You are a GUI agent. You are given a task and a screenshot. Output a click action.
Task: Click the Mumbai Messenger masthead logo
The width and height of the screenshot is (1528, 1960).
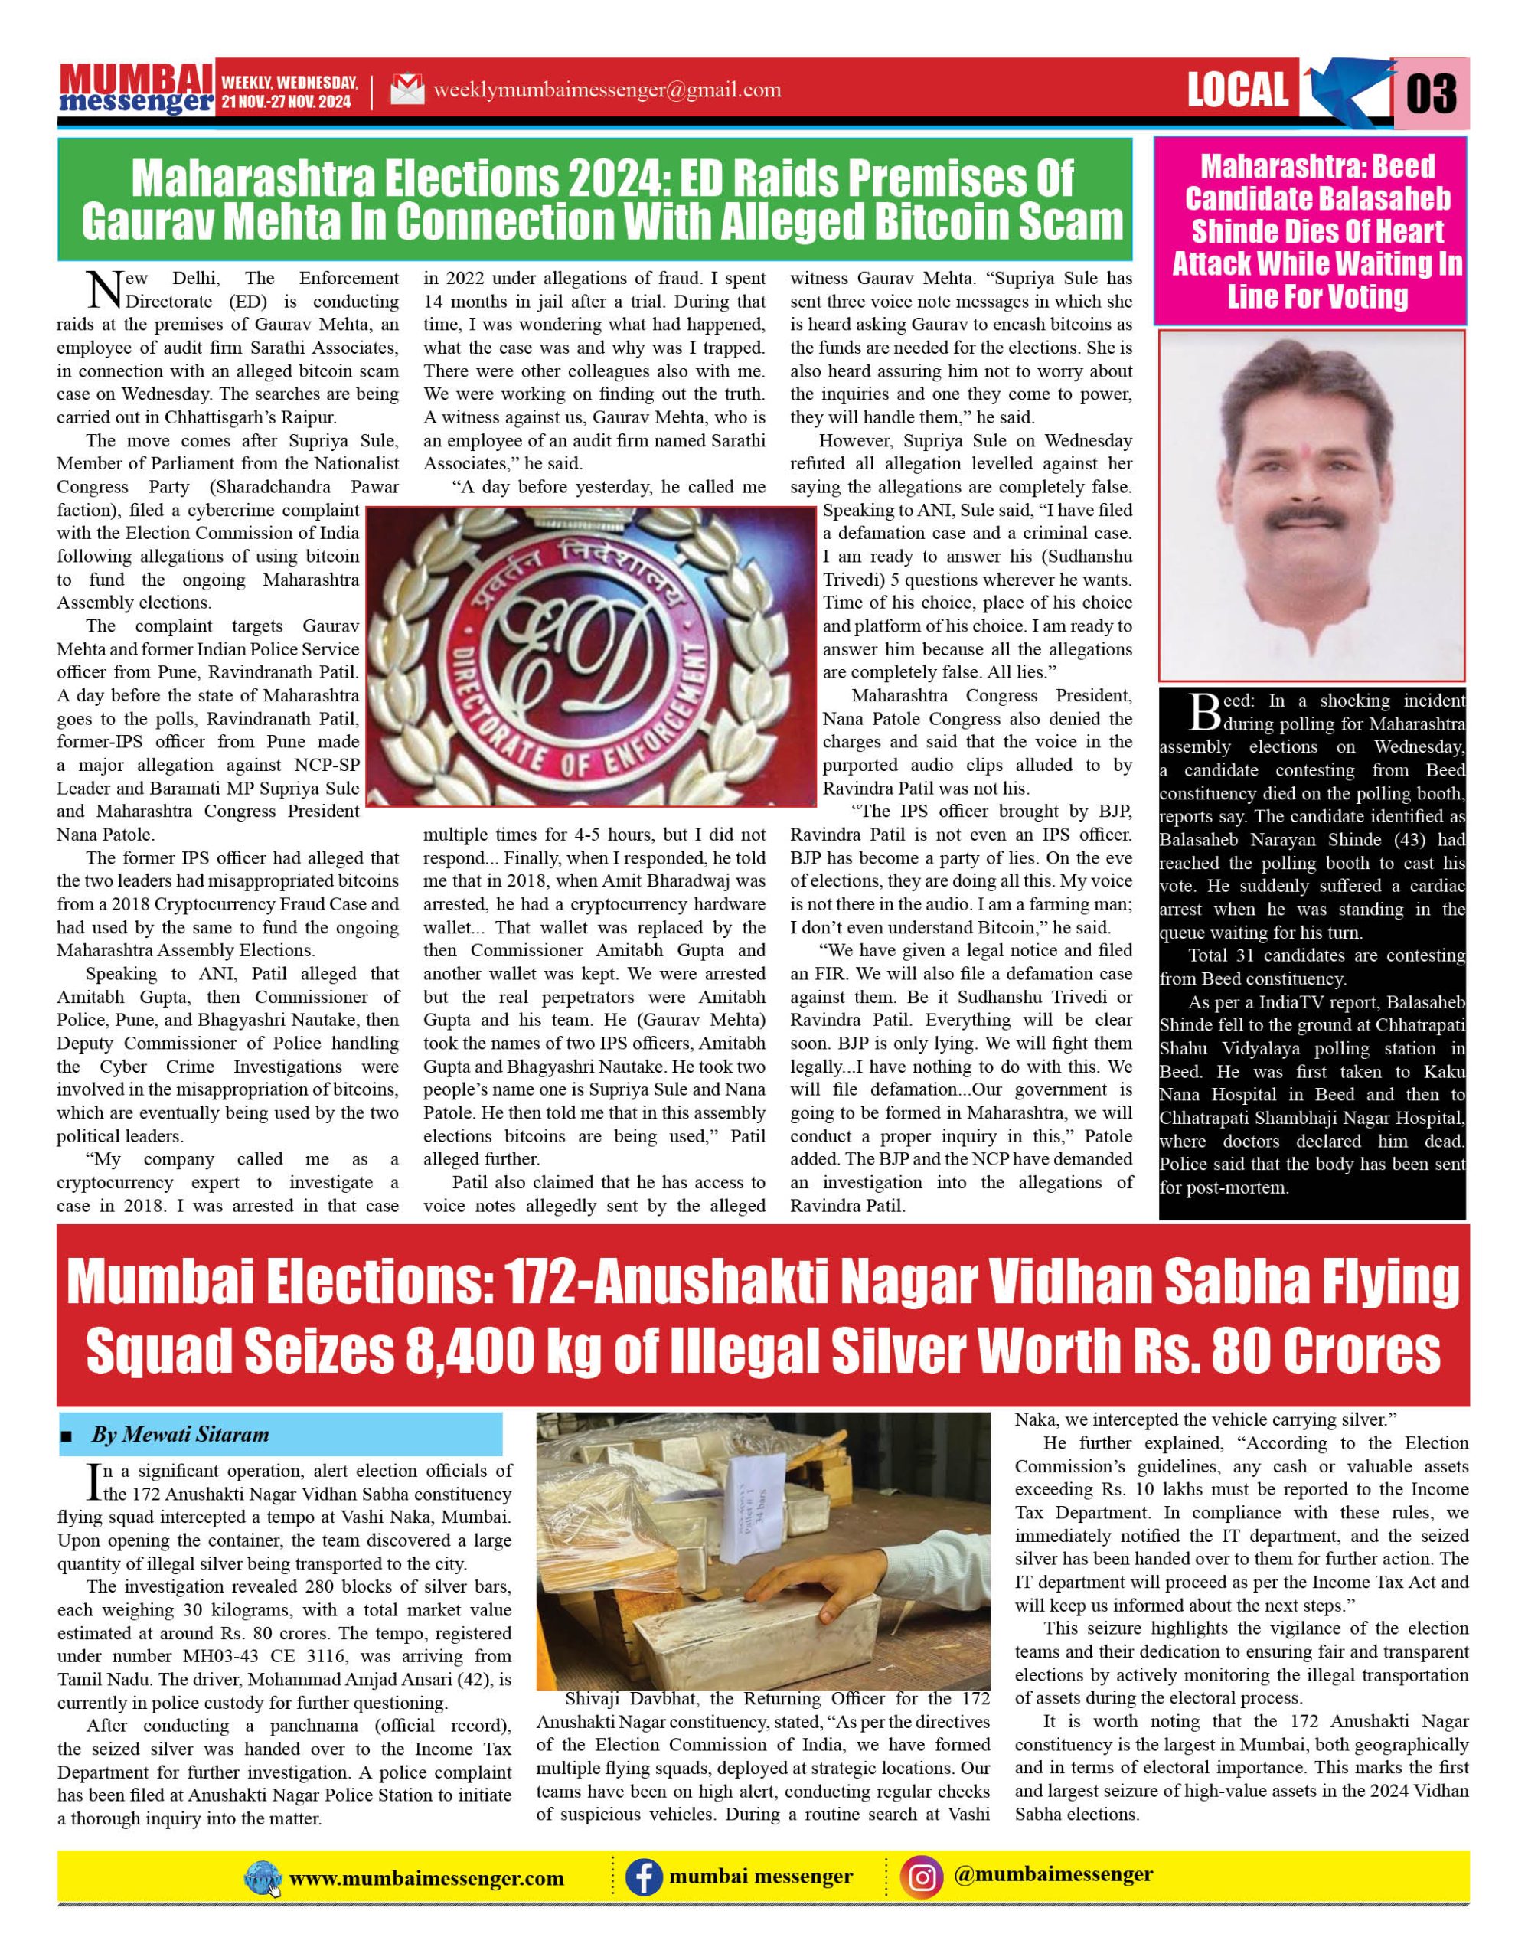[136, 89]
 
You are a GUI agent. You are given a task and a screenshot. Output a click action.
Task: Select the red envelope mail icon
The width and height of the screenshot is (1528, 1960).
[407, 90]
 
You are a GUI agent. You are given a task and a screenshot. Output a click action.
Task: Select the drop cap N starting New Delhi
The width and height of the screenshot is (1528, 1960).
[106, 289]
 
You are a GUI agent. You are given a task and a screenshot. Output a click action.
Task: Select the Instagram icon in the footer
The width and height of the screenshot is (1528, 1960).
[922, 1877]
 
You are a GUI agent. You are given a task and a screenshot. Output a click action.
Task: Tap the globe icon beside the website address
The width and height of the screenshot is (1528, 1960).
[262, 1880]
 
